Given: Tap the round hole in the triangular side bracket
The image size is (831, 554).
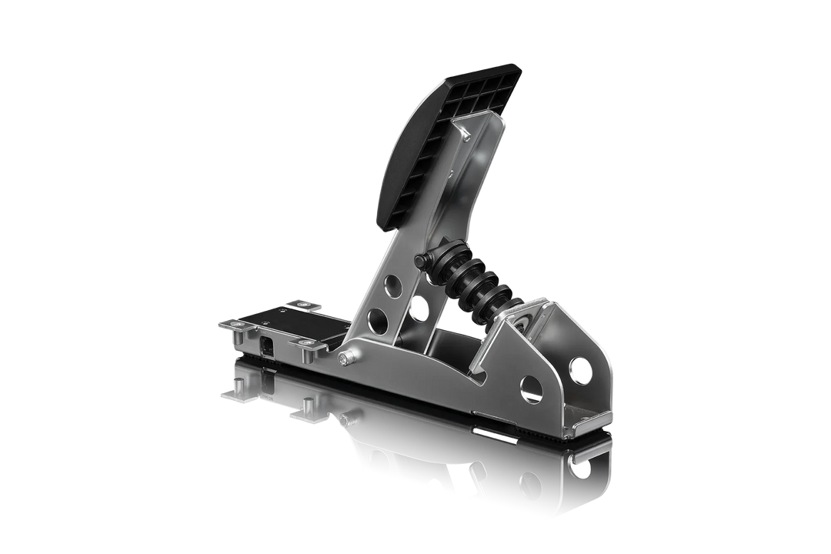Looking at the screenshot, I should [530, 387].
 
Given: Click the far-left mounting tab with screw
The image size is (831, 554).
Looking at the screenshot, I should [234, 327].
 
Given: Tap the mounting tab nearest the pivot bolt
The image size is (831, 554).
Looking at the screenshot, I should [309, 352].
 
